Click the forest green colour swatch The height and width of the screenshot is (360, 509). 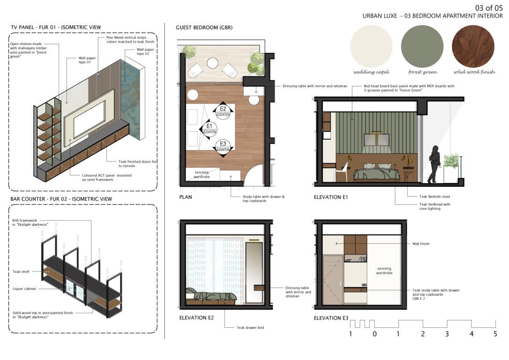[x=422, y=46]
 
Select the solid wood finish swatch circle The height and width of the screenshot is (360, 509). [x=473, y=46]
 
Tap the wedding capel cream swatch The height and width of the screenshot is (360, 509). [x=371, y=46]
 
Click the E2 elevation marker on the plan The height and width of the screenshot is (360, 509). [x=223, y=112]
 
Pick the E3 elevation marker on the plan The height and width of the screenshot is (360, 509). [x=223, y=147]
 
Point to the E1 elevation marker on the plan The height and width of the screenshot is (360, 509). [x=208, y=129]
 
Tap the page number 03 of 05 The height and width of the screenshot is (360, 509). [x=488, y=8]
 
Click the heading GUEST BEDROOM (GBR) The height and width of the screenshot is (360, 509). [x=204, y=28]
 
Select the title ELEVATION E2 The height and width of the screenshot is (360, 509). [x=196, y=318]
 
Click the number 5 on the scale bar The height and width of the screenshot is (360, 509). [x=495, y=334]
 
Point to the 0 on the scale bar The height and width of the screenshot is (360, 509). [x=374, y=334]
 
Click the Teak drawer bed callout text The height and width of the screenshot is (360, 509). [x=250, y=328]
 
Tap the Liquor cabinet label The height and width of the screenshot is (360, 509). [x=24, y=289]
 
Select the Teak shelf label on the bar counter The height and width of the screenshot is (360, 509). [x=21, y=271]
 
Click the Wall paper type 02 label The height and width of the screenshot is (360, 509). [x=145, y=52]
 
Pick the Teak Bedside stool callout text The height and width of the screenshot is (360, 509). [x=434, y=196]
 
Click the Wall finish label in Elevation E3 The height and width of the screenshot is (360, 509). [x=421, y=243]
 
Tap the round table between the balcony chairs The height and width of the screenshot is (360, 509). [x=212, y=63]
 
